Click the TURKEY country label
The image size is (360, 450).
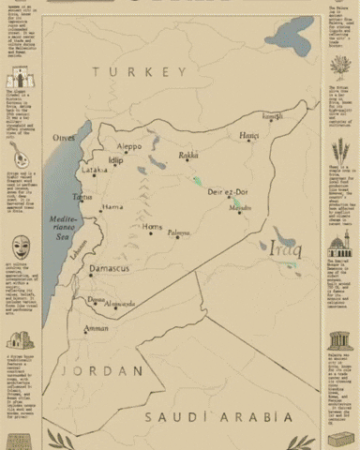134,71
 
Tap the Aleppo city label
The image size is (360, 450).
129,146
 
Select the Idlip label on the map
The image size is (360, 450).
115,160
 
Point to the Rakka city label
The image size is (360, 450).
188,156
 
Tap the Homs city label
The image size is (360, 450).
152,227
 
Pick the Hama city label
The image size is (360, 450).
112,207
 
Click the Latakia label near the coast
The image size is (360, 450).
94,171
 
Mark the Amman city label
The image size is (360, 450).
96,329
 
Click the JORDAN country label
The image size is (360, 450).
90,370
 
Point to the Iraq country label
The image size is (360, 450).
282,248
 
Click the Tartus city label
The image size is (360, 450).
83,198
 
